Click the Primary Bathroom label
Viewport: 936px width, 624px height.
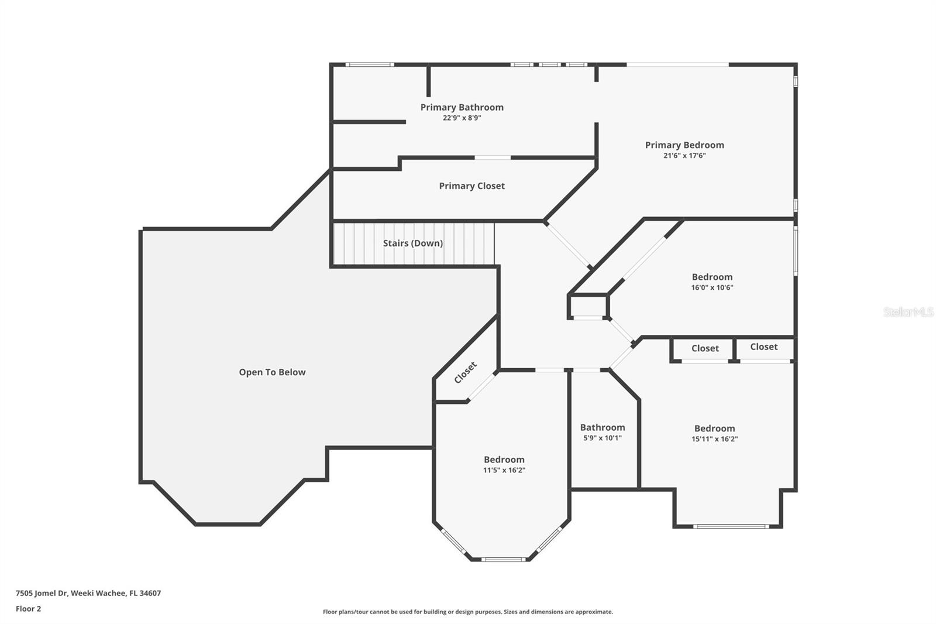462,107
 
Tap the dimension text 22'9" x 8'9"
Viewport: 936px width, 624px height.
462,118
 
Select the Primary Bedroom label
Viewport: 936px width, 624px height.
684,145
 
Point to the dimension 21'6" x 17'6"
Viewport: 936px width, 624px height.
684,156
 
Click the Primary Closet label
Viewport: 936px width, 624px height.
472,186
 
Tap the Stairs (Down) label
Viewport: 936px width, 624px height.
412,243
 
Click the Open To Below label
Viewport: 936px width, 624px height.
272,372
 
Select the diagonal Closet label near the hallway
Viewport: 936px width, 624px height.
466,372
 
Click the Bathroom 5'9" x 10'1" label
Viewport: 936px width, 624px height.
603,427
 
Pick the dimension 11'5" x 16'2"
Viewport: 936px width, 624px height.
504,470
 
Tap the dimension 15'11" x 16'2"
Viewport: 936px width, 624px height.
714,439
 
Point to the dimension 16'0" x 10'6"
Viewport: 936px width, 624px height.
712,287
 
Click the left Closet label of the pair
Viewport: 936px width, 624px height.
705,348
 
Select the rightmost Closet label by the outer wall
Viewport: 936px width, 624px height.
764,347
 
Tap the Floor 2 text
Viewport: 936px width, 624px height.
28,609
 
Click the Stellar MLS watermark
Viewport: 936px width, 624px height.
908,312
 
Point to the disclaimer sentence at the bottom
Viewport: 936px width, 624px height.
468,612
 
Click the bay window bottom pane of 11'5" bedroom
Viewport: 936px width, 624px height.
503,559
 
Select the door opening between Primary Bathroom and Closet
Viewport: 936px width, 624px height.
492,157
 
